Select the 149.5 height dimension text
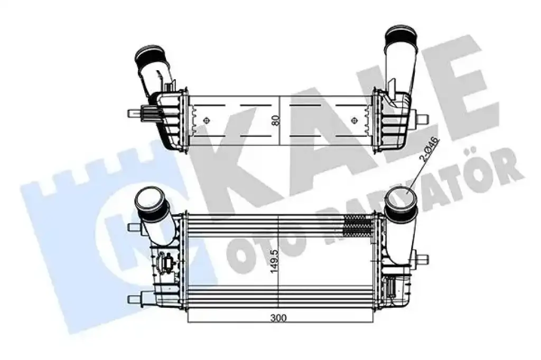tap(275, 262)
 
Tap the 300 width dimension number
tap(278, 318)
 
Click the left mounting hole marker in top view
tap(207, 120)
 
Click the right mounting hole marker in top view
tap(353, 120)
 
